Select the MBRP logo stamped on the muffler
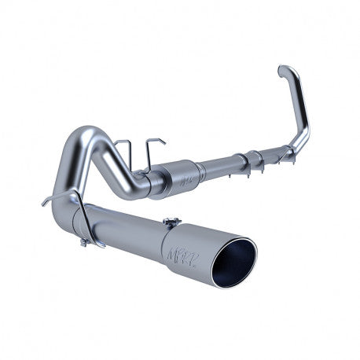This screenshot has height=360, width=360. [186, 178]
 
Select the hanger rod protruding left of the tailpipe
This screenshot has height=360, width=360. [53, 201]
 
